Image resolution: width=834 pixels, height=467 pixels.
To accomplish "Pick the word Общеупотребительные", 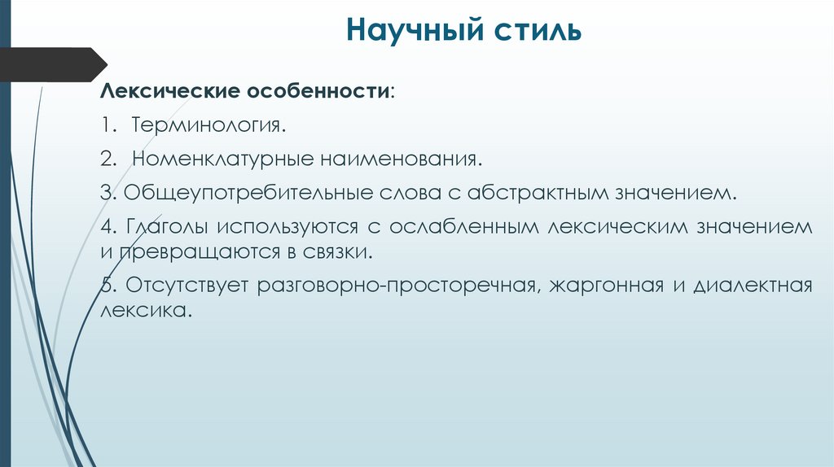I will coord(248,194).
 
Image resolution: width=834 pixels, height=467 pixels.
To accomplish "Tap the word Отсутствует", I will coord(187,286).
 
